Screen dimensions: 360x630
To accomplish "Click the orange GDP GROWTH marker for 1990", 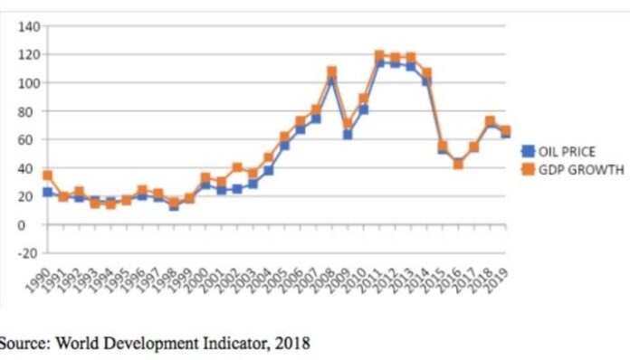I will point(47,175).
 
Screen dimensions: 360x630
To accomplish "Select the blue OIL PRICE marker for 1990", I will point(47,192).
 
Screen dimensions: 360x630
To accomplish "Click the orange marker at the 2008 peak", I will point(331,71).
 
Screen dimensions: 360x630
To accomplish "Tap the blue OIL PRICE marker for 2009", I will point(347,135).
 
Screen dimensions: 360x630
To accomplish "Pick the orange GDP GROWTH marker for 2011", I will point(379,56).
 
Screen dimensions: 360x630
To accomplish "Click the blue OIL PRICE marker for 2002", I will point(237,189).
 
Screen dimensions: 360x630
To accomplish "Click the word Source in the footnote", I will point(20,343).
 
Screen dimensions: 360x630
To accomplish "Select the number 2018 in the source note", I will point(290,343).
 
